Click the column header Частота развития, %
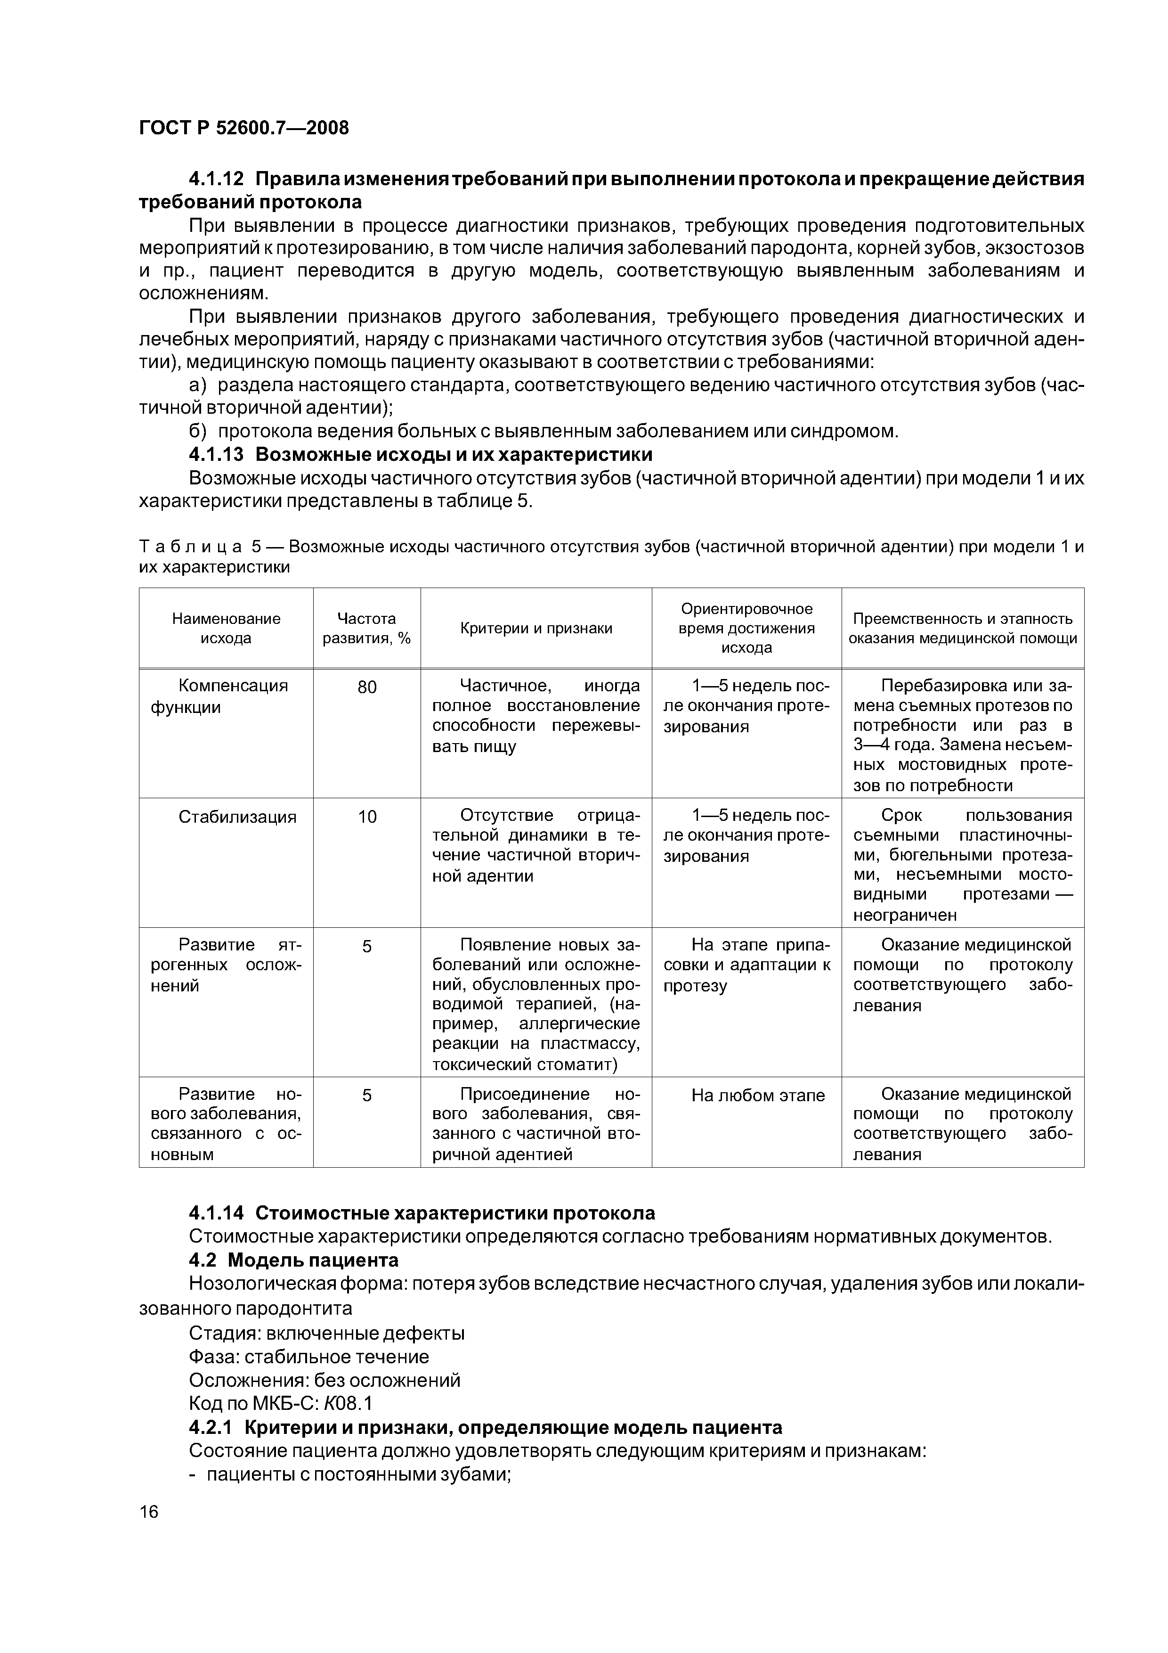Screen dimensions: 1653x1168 pyautogui.click(x=366, y=628)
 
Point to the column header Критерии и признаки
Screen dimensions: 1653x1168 pyautogui.click(x=535, y=628)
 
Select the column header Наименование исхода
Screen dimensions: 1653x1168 pyautogui.click(x=226, y=628)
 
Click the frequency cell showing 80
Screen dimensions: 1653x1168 pyautogui.click(x=366, y=687)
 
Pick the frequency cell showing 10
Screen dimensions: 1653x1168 pyautogui.click(x=366, y=817)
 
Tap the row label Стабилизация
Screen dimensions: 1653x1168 pyautogui.click(x=237, y=817)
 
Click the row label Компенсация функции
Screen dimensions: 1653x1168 pyautogui.click(x=226, y=696)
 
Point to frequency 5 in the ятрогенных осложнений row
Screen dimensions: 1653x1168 pyautogui.click(x=366, y=946)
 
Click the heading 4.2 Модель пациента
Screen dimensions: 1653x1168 pyautogui.click(x=293, y=1260)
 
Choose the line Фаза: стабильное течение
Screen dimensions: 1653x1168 pyautogui.click(x=308, y=1357)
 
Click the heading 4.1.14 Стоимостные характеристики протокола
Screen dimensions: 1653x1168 pyautogui.click(x=422, y=1213)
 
